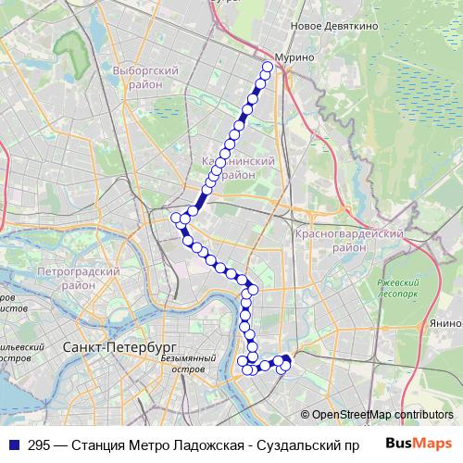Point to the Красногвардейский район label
(349, 242)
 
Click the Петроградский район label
(80, 279)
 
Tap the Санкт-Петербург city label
(107, 346)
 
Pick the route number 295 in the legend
(39, 444)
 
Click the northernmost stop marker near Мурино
(268, 66)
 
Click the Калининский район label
(239, 167)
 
